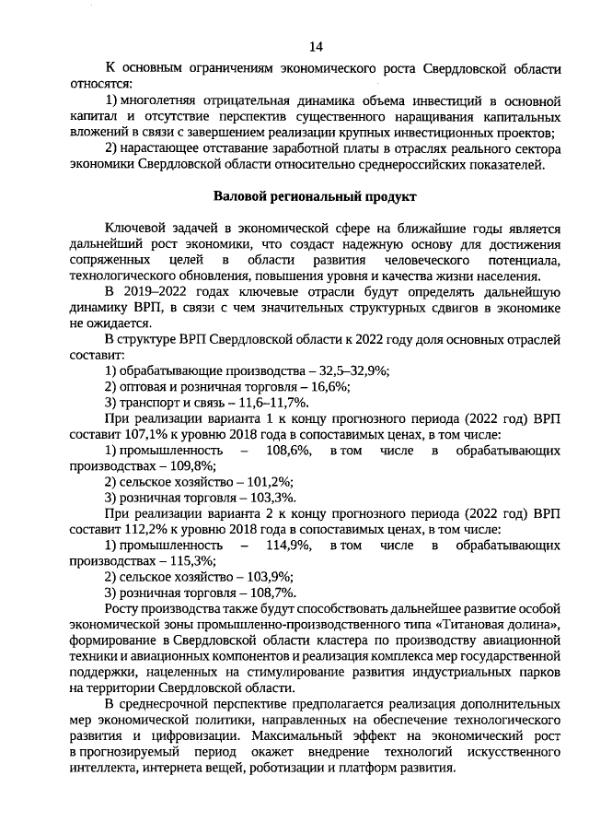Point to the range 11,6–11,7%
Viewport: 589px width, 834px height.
coord(268,403)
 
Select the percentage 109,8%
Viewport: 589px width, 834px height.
coord(190,465)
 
